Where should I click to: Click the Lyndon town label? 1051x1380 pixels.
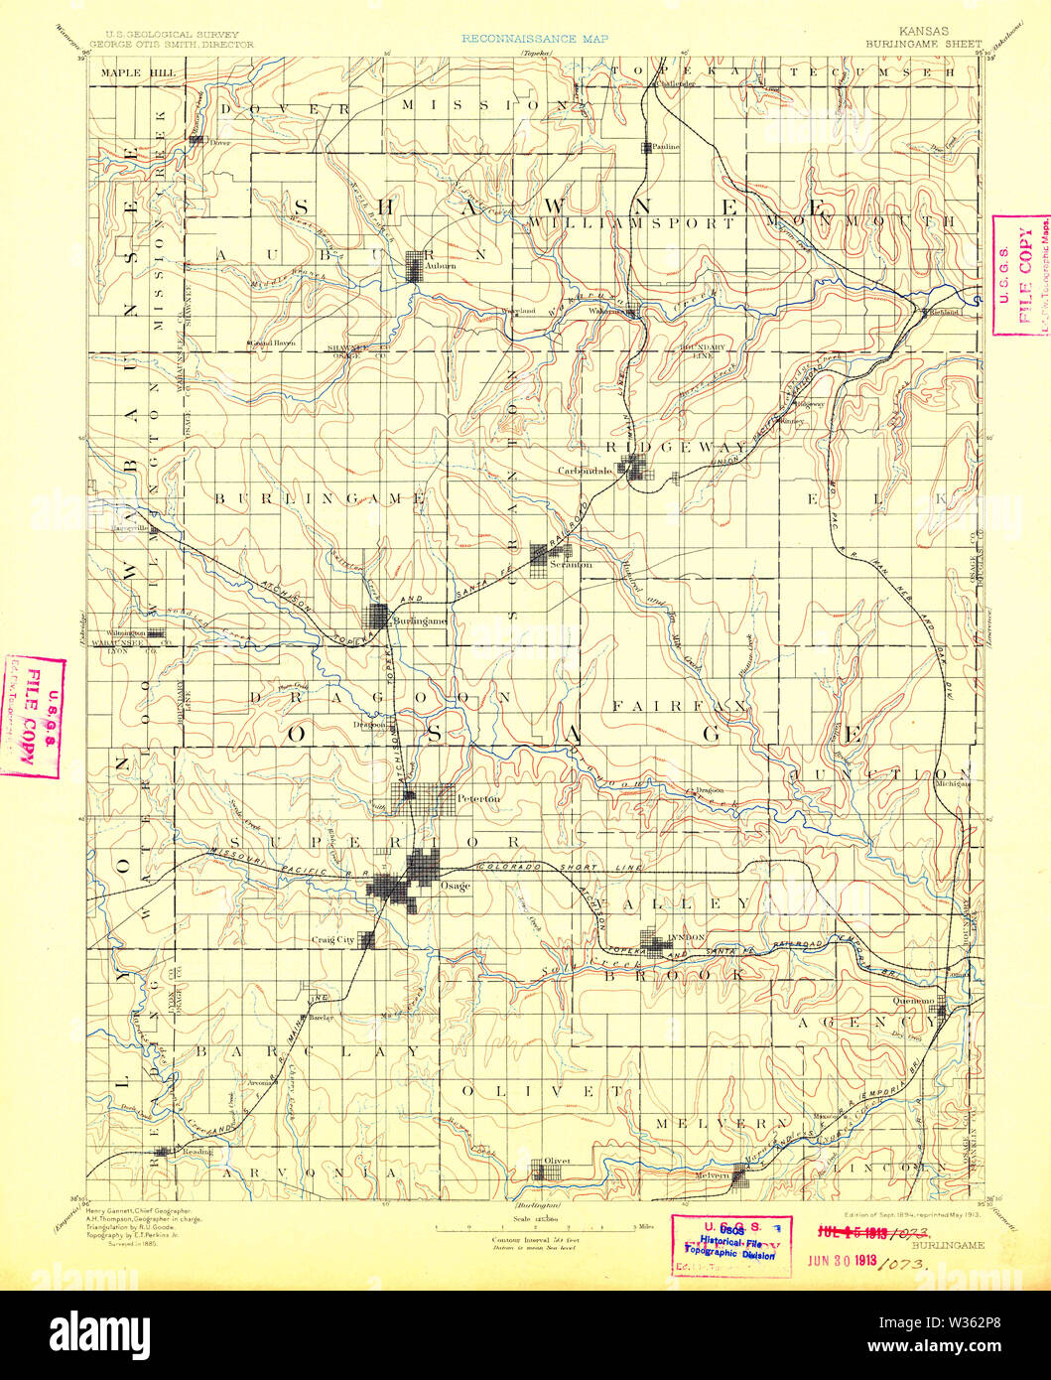(x=687, y=936)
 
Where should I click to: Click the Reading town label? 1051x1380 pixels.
(x=197, y=1152)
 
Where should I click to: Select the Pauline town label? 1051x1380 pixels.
(x=666, y=146)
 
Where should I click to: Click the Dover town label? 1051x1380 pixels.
(x=219, y=142)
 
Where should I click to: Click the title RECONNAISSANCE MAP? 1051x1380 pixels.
(x=534, y=40)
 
